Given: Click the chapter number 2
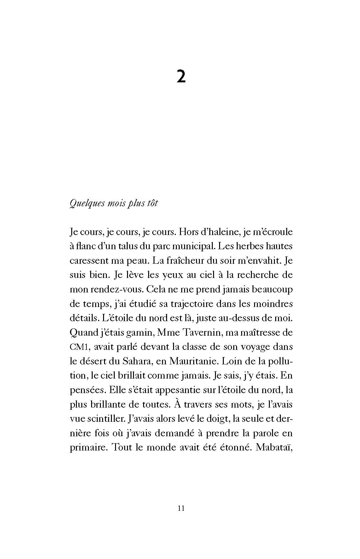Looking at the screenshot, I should (181, 77).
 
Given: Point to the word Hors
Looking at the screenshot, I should (189, 232).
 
